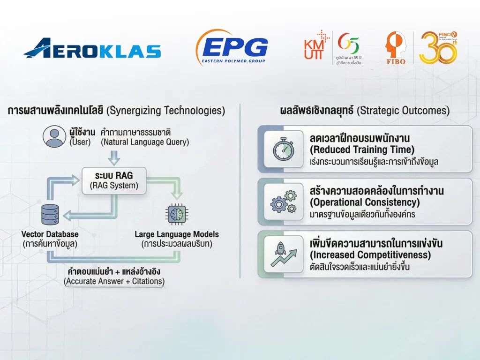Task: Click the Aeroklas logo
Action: tap(92, 48)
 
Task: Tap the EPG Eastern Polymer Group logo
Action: tap(232, 47)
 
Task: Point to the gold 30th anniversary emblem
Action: tap(438, 47)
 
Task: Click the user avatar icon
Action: tap(54, 136)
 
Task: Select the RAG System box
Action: tap(114, 180)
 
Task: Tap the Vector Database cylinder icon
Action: tap(50, 214)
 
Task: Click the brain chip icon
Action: tap(177, 214)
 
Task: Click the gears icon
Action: tap(284, 202)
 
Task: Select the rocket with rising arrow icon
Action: tap(284, 254)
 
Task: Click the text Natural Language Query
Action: tap(145, 142)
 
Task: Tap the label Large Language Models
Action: tap(177, 234)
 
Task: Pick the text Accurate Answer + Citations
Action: tap(114, 281)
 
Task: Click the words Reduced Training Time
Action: tap(362, 150)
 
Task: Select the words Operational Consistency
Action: tap(365, 202)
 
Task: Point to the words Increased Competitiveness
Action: tap(370, 255)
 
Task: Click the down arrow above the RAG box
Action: tap(114, 157)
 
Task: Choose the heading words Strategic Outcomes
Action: tap(403, 111)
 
